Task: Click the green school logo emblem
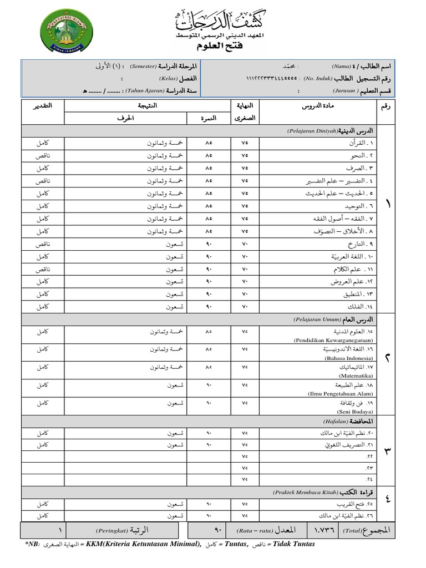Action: coord(67,31)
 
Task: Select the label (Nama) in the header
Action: coord(341,66)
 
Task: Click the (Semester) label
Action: coord(143,66)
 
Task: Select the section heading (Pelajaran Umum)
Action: coord(314,320)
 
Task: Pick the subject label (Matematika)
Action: coord(356,376)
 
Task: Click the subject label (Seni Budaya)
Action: coord(356,412)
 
